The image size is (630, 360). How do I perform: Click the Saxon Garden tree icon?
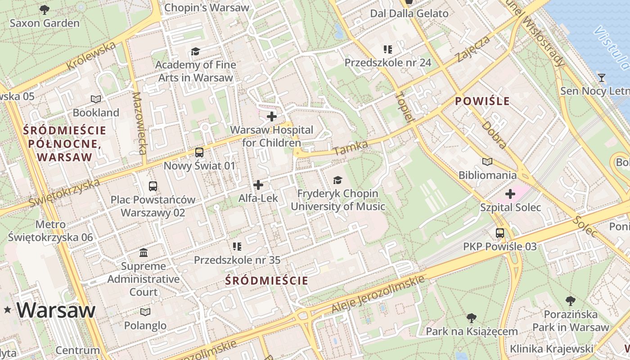[44, 9]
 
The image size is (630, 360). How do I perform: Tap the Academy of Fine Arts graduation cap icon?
[195, 52]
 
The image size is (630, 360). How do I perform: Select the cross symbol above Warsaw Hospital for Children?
[272, 117]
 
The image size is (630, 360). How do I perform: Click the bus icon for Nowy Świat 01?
[199, 153]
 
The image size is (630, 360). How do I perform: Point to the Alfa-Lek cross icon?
[258, 185]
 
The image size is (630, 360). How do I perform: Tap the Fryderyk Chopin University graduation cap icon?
[337, 180]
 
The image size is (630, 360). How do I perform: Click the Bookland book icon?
[96, 99]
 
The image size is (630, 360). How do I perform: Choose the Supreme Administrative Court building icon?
[144, 252]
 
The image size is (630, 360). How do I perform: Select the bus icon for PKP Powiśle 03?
[500, 233]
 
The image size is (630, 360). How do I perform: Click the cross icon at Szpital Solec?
[510, 194]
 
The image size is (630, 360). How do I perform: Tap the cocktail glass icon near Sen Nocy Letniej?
[601, 78]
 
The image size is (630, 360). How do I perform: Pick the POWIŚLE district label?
[482, 101]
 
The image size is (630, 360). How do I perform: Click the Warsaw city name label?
[56, 310]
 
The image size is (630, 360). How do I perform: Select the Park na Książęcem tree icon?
[472, 318]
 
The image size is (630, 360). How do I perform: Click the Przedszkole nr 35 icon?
[237, 246]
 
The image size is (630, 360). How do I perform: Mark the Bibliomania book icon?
[487, 162]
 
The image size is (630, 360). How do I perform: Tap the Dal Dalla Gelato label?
[409, 13]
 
